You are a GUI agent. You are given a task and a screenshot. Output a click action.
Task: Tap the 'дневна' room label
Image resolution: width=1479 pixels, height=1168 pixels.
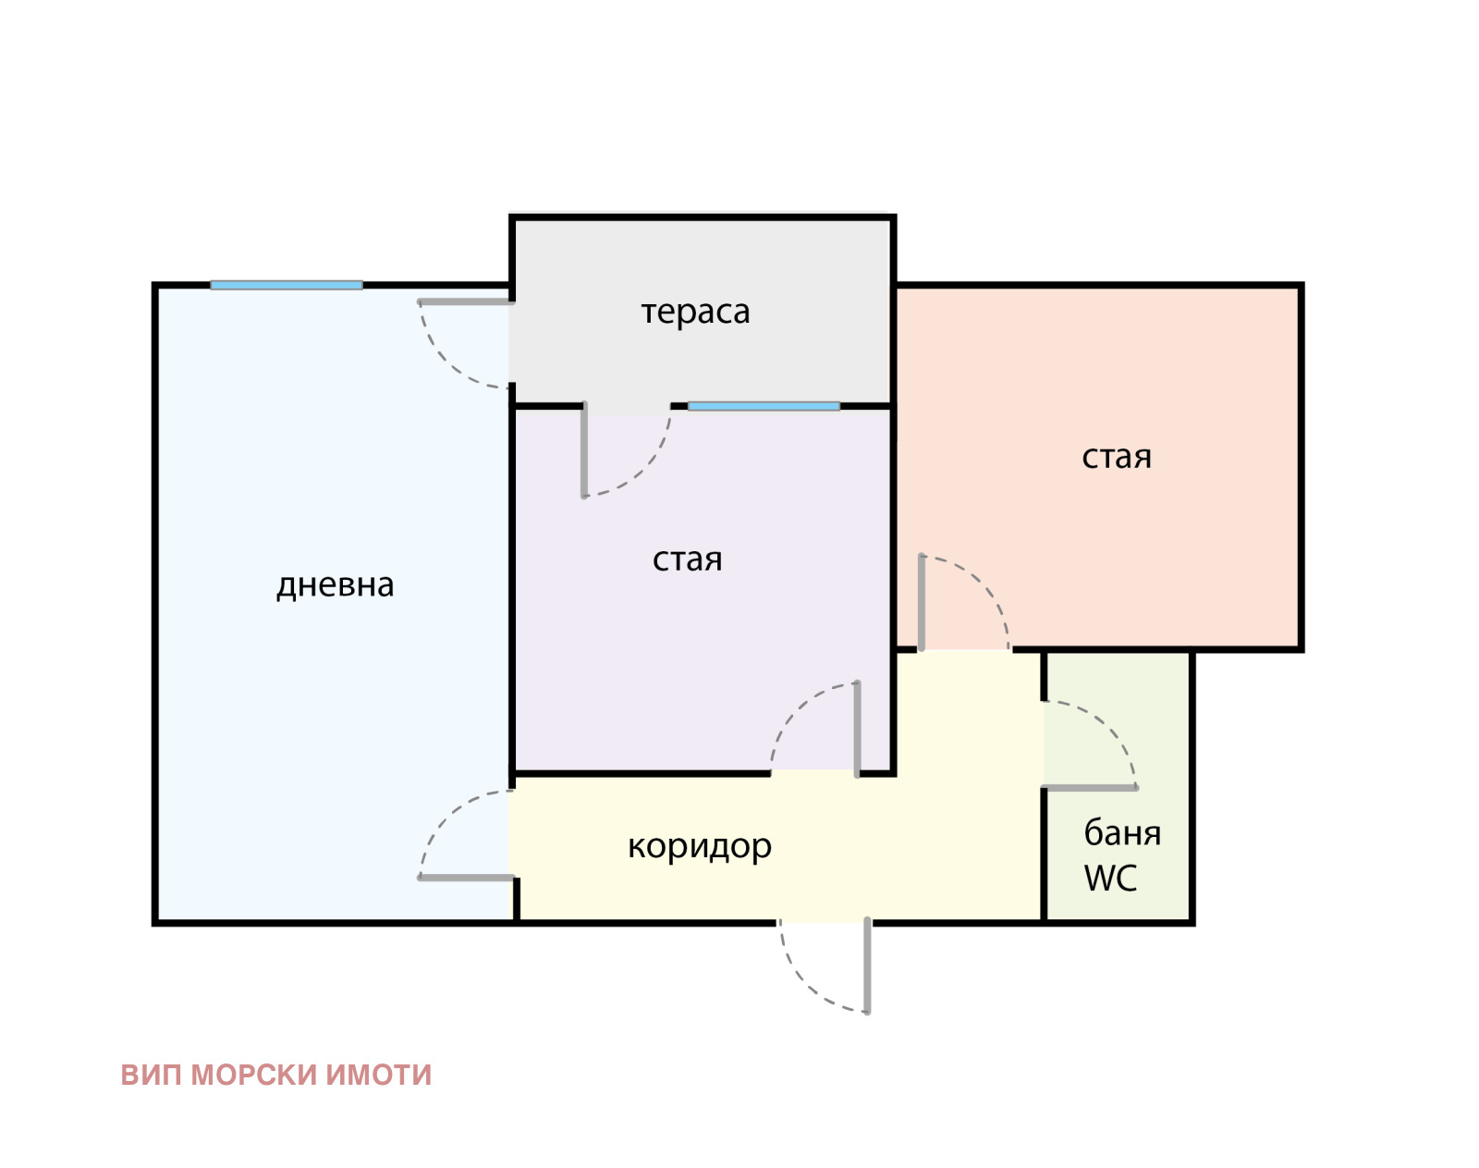335,585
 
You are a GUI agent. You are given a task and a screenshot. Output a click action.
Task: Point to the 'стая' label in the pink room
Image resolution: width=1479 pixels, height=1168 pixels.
1116,457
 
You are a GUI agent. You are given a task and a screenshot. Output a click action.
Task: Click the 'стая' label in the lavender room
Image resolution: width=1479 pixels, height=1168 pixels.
687,559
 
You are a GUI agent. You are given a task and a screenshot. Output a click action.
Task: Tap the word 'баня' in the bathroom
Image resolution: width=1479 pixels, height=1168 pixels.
1122,832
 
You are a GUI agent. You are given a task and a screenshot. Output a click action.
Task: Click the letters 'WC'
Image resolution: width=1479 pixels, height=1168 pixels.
1110,878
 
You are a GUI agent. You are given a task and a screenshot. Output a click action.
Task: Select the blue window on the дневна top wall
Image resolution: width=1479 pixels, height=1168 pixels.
286,286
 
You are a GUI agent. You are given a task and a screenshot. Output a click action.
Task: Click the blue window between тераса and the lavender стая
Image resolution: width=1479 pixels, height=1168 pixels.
764,406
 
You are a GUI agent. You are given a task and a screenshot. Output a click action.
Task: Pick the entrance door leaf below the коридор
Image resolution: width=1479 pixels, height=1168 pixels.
867,965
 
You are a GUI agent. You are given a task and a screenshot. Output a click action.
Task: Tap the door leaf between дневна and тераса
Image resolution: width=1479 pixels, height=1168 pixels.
466,301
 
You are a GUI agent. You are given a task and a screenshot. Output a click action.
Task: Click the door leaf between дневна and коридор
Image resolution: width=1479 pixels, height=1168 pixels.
466,878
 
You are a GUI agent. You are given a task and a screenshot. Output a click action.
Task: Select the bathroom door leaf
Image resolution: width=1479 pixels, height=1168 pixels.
1090,788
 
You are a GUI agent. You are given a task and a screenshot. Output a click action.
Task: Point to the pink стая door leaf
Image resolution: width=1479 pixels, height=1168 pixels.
922,602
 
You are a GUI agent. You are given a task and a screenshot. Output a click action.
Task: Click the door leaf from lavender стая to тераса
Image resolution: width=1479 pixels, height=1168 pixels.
584,449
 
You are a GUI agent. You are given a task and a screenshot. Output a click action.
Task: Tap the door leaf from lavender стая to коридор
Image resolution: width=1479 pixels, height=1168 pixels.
857,730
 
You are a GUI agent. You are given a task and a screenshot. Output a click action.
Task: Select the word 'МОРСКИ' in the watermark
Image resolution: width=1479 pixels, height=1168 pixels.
253,1076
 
